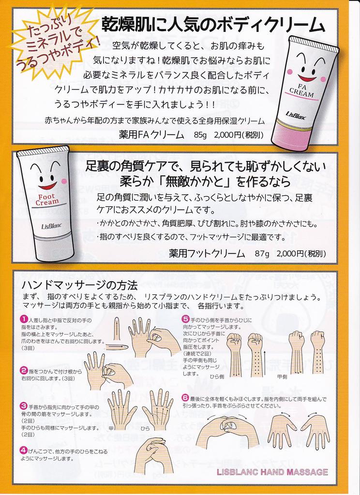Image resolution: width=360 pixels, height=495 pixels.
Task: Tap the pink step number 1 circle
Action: [x=23, y=320]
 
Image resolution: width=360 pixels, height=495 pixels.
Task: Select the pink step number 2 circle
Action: [x=23, y=370]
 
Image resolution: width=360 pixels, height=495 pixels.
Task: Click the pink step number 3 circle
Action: [x=23, y=406]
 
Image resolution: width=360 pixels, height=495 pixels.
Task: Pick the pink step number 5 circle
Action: [x=185, y=319]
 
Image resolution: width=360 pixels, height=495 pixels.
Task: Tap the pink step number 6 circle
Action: [x=185, y=398]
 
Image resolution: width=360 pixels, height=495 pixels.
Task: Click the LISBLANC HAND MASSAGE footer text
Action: [x=272, y=472]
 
